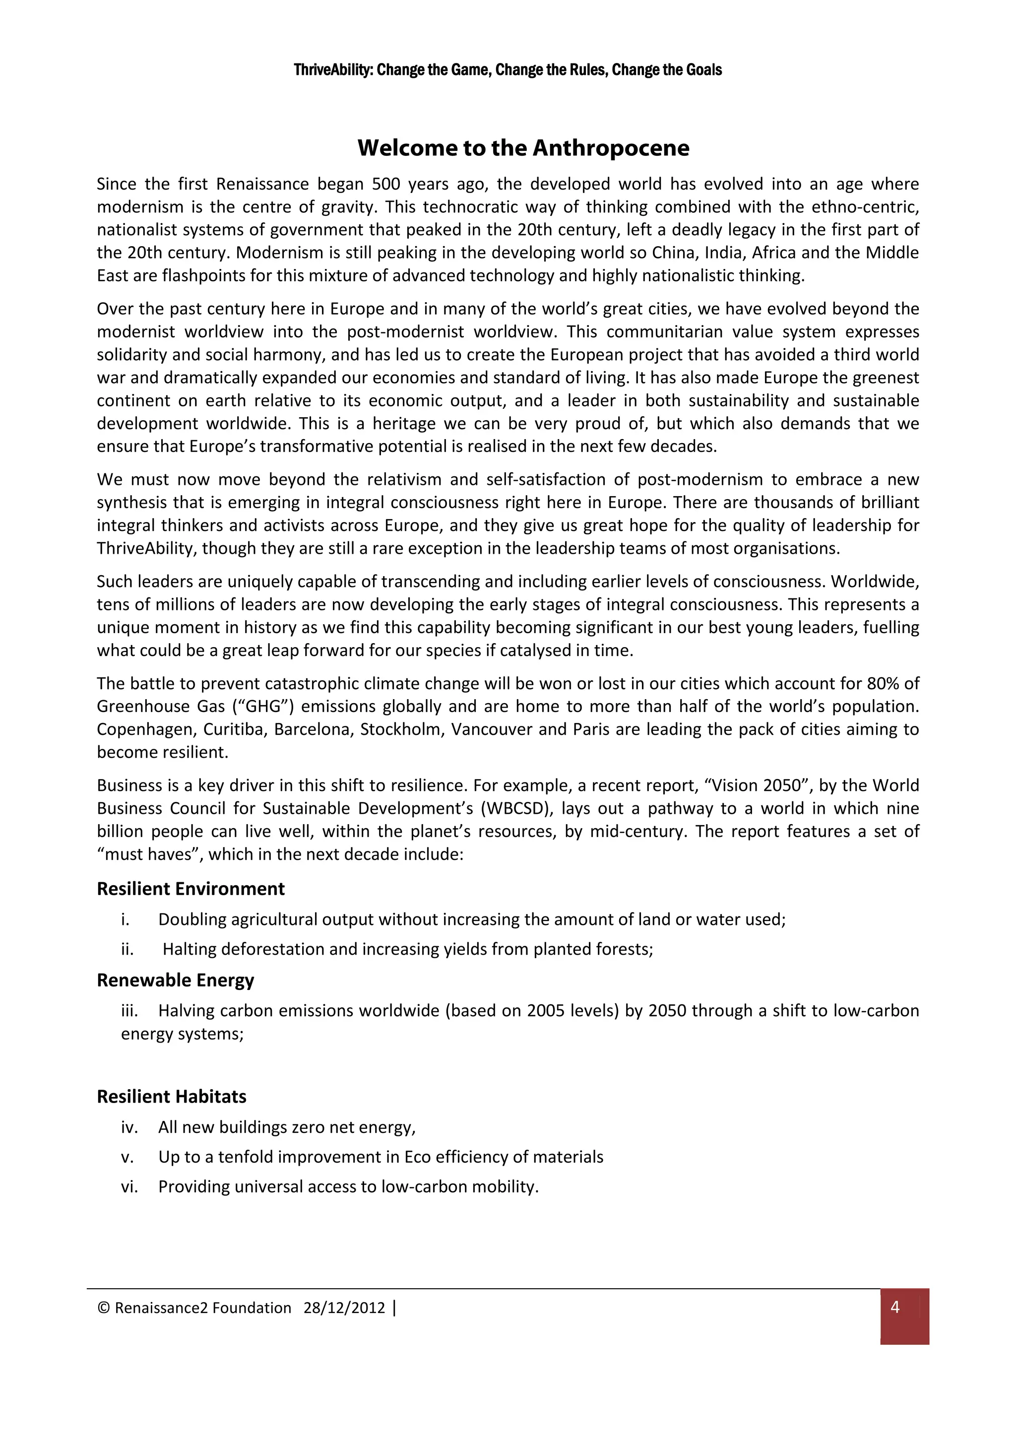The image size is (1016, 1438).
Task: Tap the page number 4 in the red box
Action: point(894,1307)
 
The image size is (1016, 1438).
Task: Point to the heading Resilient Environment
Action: point(190,889)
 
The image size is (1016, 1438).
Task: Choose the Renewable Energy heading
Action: point(175,980)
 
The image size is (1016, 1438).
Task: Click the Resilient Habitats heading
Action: point(172,1097)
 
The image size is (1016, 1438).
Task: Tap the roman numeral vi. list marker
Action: point(129,1187)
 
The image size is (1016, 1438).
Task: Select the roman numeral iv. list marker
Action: point(129,1127)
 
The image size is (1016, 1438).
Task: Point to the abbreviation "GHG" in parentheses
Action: point(262,707)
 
